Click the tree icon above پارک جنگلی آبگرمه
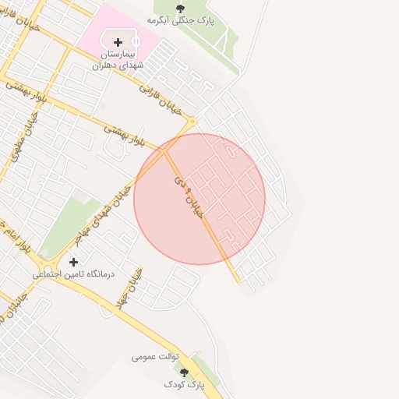(x=181, y=9)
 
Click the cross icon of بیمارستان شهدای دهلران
(x=118, y=42)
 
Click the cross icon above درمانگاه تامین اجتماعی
(x=74, y=262)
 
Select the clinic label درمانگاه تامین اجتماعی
(x=73, y=274)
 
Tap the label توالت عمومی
(x=155, y=357)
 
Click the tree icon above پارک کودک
(x=185, y=373)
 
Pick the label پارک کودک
(x=184, y=385)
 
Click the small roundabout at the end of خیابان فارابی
(x=192, y=121)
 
